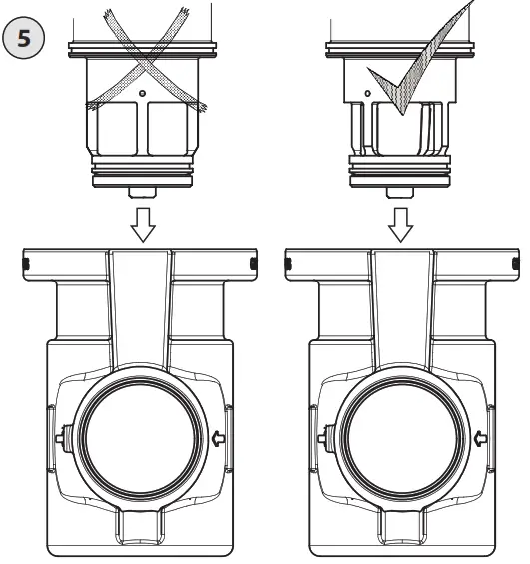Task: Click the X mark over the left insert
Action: pyautogui.click(x=144, y=57)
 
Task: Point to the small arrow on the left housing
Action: pyautogui.click(x=218, y=436)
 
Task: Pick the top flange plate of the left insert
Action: pyautogui.click(x=144, y=45)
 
